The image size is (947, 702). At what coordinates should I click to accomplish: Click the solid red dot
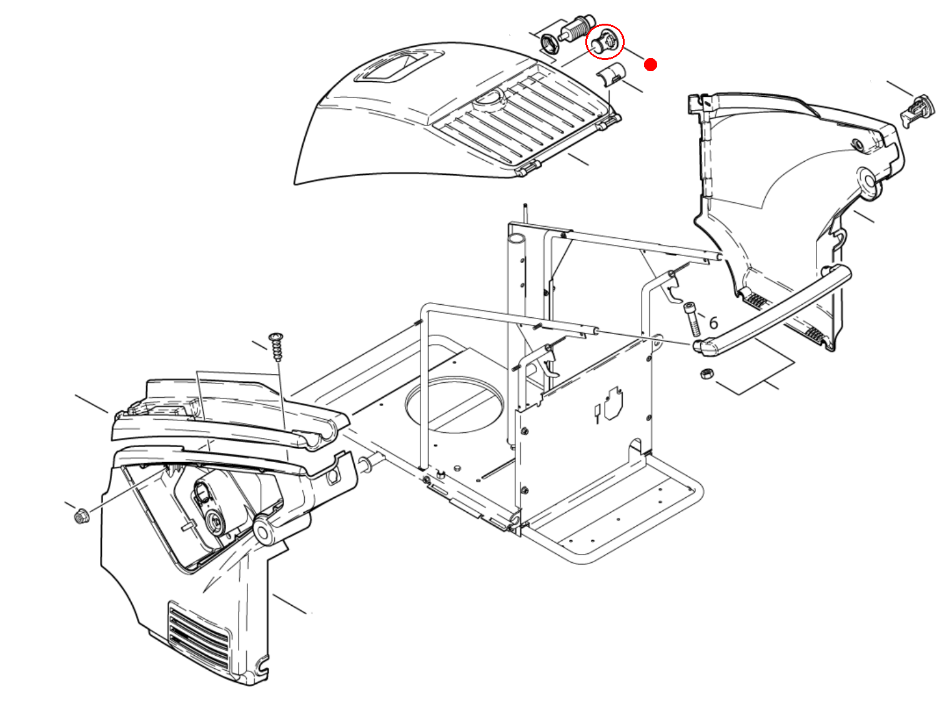click(650, 64)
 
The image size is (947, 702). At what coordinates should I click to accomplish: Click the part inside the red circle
click(603, 42)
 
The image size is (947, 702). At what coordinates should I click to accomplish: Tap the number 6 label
click(713, 323)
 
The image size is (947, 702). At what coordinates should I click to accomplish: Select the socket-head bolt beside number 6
click(692, 319)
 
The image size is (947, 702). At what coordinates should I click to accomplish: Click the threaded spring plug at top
click(577, 28)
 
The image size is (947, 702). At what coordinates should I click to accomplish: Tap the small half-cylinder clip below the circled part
click(610, 74)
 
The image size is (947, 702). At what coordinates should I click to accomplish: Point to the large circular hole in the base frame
click(454, 403)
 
